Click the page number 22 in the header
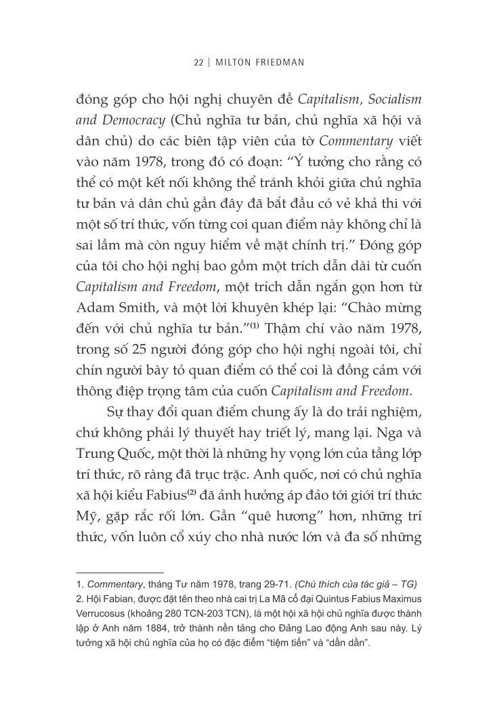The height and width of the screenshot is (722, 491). (x=198, y=62)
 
